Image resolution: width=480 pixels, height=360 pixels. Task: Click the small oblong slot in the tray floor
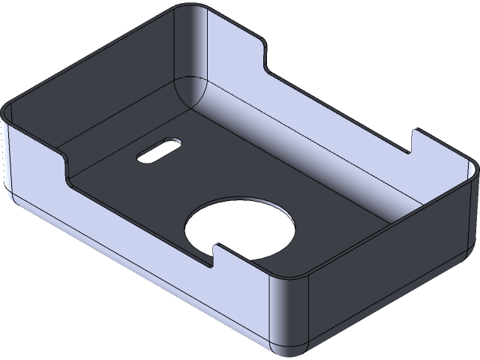click(158, 148)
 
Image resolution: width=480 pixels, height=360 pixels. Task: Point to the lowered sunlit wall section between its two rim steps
click(337, 127)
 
